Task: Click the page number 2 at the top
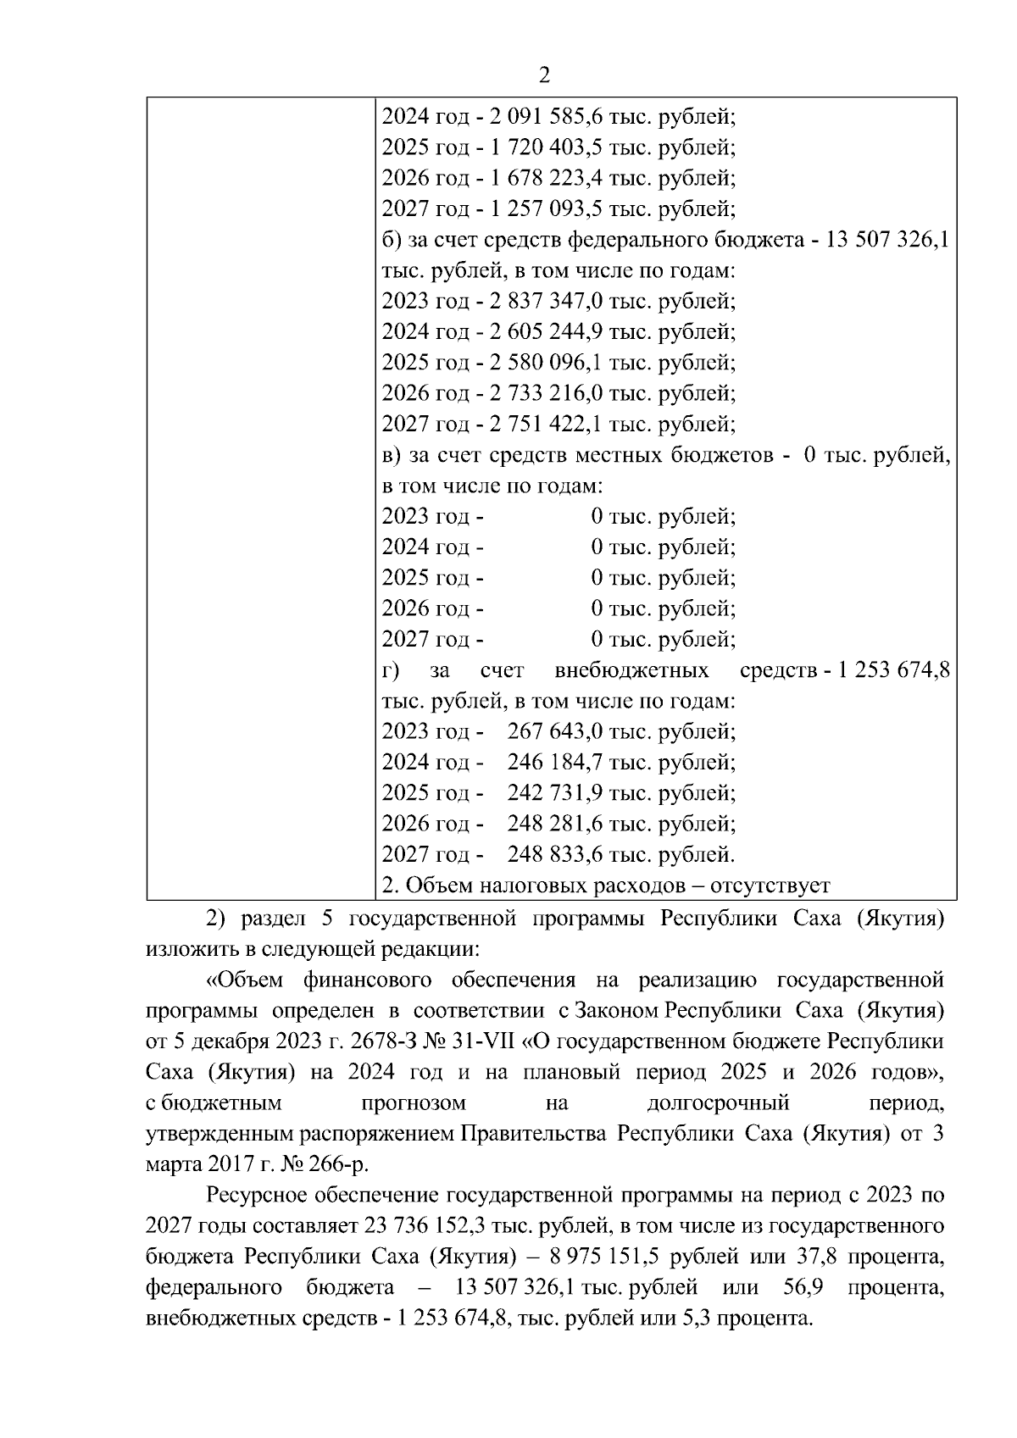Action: pos(544,76)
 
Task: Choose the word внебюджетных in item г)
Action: pos(631,670)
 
